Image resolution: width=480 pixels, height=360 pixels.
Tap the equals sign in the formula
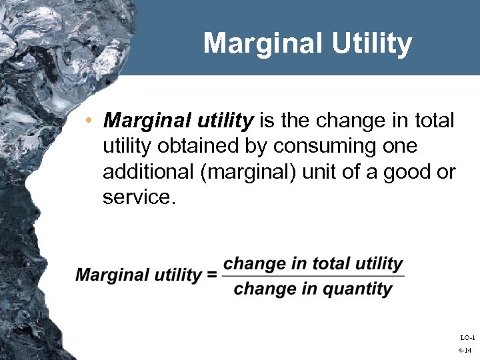click(211, 275)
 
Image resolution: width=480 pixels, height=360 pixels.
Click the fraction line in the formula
click(313, 276)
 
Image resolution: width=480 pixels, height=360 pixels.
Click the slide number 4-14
click(465, 351)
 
